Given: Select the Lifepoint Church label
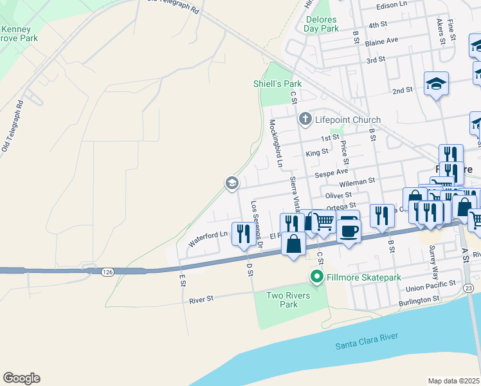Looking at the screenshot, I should click(348, 120).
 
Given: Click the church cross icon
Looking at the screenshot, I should click(305, 119).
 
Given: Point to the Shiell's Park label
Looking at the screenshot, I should click(277, 84).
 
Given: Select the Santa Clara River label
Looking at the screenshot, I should click(367, 341).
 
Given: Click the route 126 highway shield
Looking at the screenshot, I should click(108, 273).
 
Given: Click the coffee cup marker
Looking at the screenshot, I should click(349, 230).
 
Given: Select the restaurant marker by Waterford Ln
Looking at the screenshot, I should click(243, 233).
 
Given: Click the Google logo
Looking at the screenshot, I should click(21, 378).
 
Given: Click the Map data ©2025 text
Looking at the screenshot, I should click(453, 381).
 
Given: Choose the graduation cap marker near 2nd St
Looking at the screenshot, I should click(436, 84).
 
